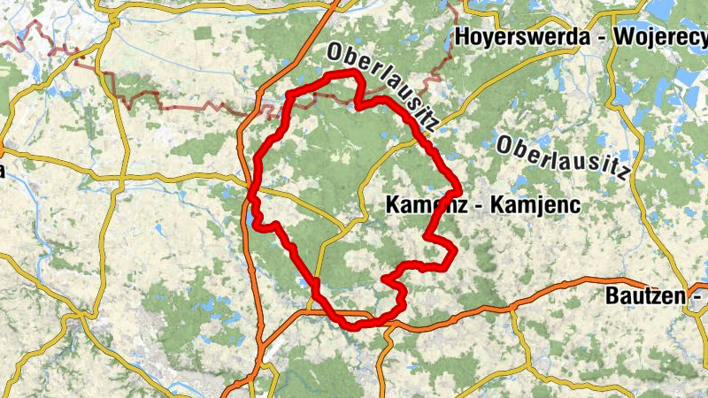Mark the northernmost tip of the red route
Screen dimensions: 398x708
point(354,71)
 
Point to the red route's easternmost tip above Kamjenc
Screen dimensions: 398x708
point(459,188)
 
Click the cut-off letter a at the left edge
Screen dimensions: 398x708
point(3,171)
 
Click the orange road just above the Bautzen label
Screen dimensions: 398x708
point(611,281)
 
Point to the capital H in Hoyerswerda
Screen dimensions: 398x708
point(460,37)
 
